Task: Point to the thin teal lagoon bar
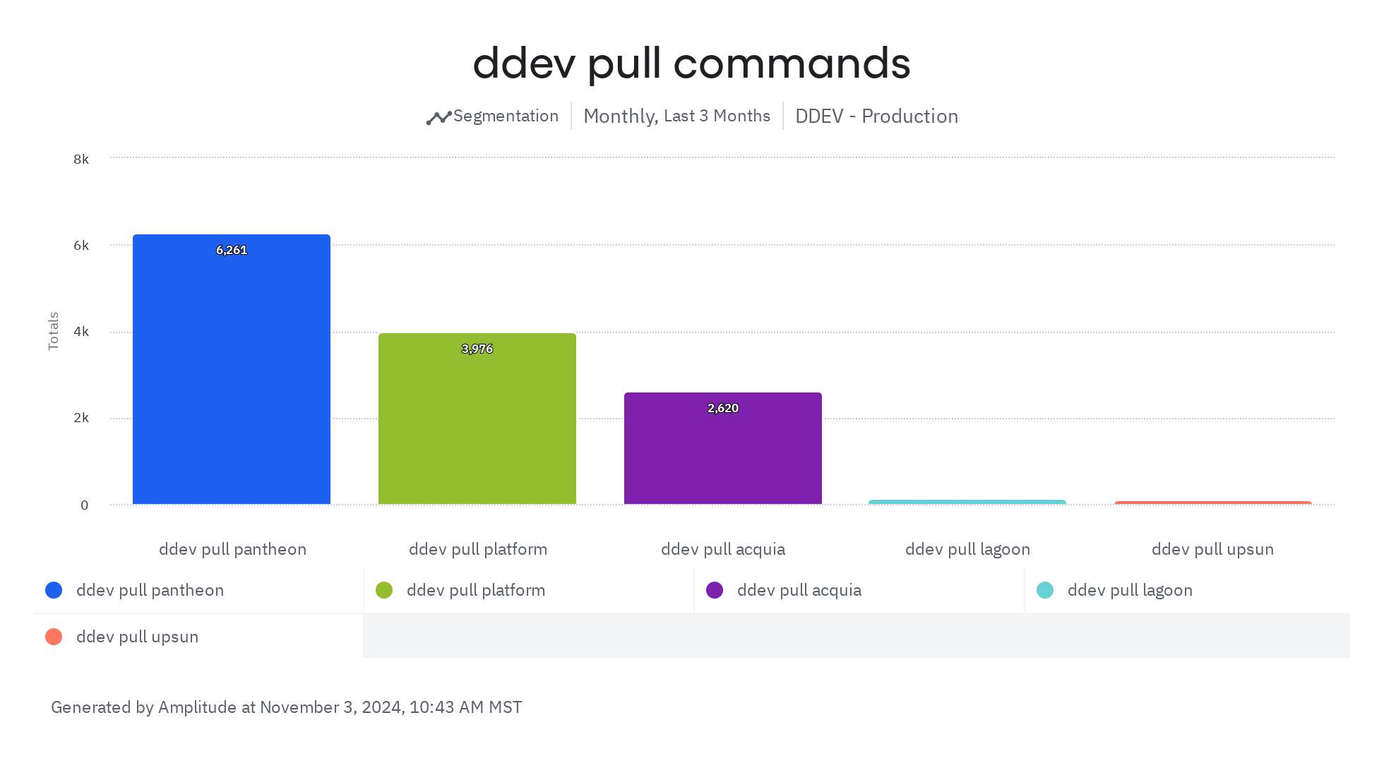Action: click(967, 502)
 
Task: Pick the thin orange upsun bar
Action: click(1213, 503)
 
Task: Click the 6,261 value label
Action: click(232, 250)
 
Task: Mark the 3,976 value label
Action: click(477, 349)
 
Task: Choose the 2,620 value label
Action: click(723, 408)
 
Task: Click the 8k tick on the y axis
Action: click(81, 160)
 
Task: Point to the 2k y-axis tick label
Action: click(81, 418)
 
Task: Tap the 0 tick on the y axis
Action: click(85, 505)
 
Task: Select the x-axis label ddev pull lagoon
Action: click(967, 549)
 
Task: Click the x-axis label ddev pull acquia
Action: click(723, 549)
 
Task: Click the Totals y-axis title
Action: click(54, 331)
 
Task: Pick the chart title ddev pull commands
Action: click(691, 64)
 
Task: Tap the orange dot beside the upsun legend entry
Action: click(54, 637)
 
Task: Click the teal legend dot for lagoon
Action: click(1045, 590)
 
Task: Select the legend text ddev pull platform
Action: click(476, 590)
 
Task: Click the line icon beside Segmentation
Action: click(439, 118)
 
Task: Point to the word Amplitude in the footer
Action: click(197, 707)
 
